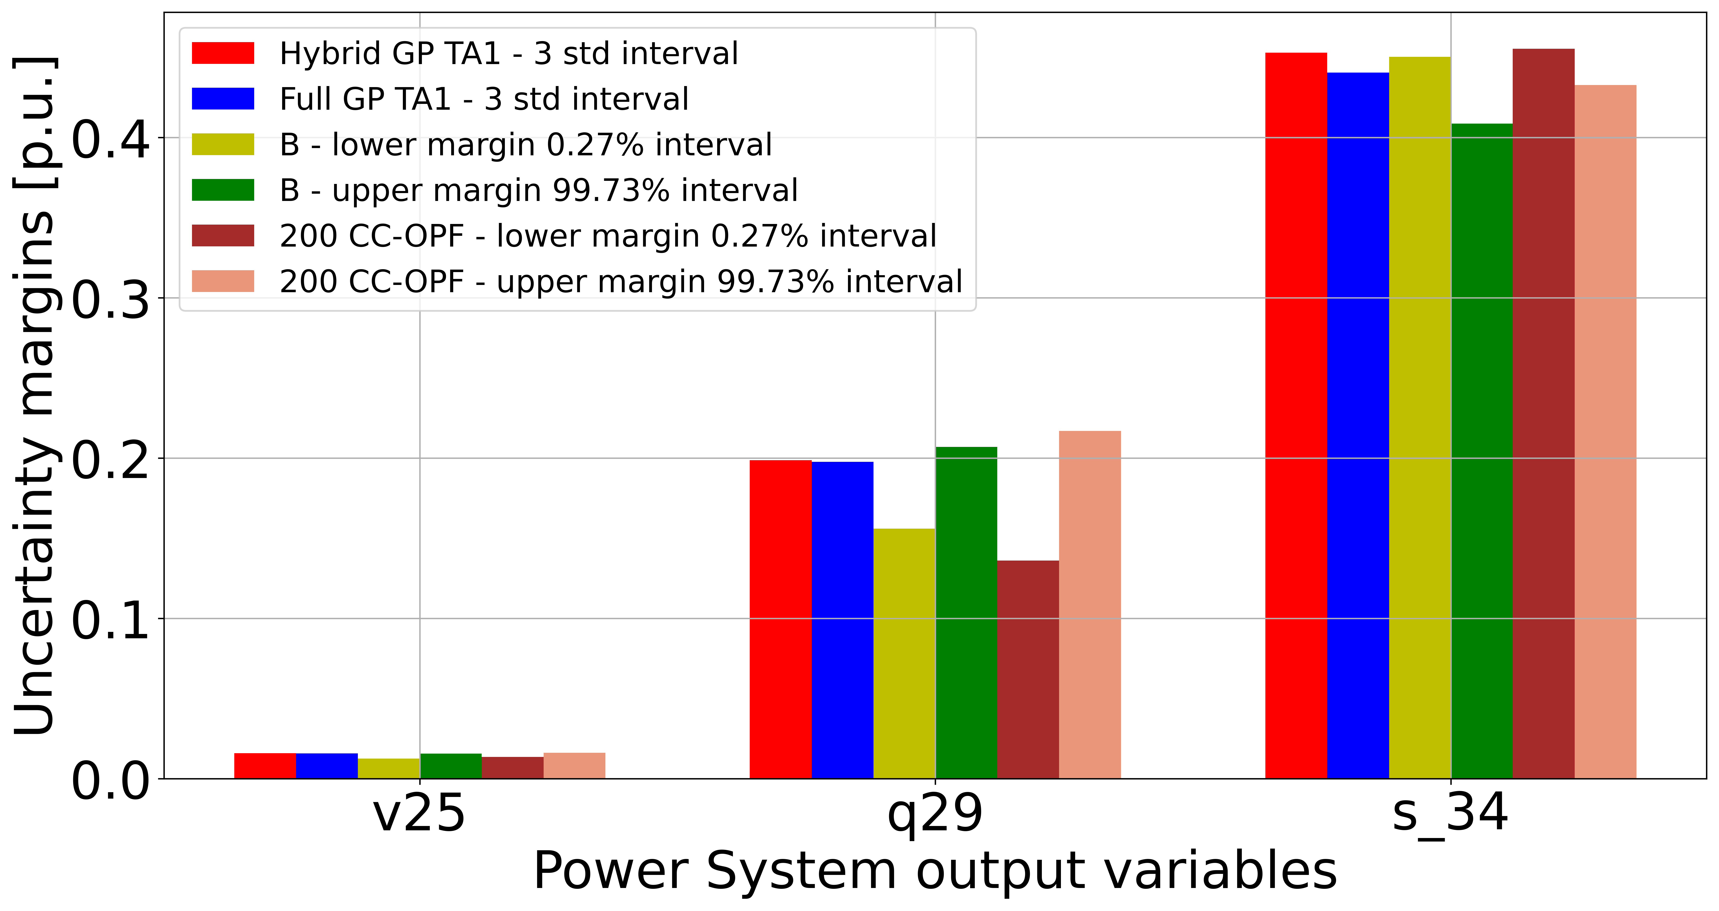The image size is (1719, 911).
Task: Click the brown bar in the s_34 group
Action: pyautogui.click(x=1544, y=414)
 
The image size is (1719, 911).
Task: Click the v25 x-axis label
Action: pyautogui.click(x=419, y=814)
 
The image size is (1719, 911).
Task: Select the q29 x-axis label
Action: pyautogui.click(x=935, y=814)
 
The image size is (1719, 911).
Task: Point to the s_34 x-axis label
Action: pyautogui.click(x=1450, y=814)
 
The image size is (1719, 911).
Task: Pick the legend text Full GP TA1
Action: pyautogui.click(x=484, y=99)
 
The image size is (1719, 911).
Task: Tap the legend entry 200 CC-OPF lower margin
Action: pyautogui.click(x=607, y=236)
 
